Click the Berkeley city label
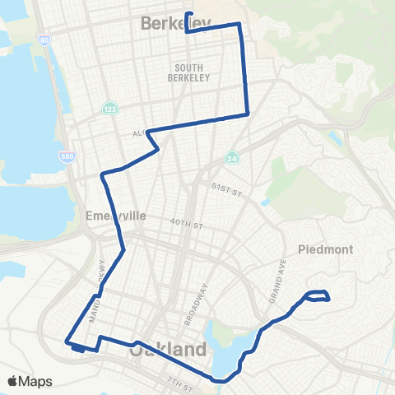(175, 24)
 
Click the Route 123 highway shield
(109, 109)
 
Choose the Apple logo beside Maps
(13, 381)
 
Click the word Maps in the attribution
(36, 381)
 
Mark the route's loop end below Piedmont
(318, 295)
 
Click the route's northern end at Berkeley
(188, 14)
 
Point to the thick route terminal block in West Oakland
(77, 348)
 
